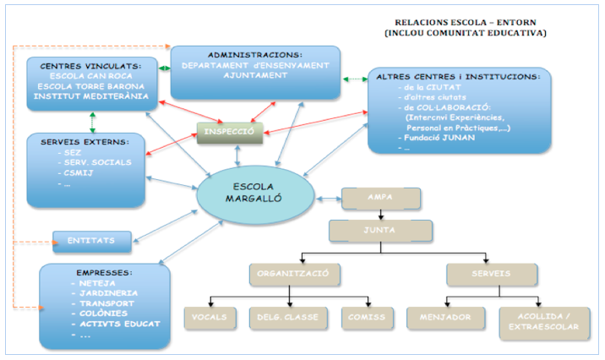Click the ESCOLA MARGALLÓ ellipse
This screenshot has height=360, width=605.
(248, 197)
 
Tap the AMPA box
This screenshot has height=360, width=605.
(380, 198)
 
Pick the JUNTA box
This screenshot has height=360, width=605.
(380, 230)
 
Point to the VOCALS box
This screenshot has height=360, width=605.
(210, 318)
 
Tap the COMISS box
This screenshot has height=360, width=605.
(368, 318)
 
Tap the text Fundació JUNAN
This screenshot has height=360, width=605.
(439, 137)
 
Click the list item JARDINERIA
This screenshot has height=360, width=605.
(104, 292)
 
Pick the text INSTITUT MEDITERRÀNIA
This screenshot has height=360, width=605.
(91, 95)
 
